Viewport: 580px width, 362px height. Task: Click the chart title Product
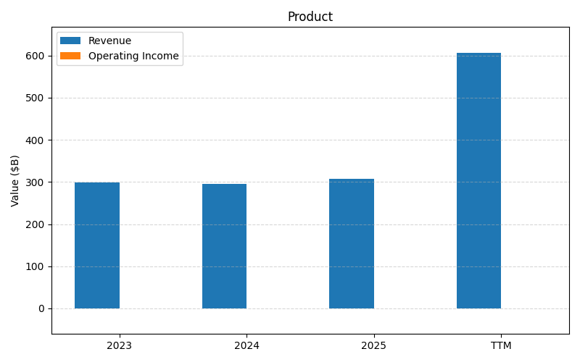pyautogui.click(x=310, y=17)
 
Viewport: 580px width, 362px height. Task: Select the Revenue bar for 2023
pyautogui.click(x=97, y=245)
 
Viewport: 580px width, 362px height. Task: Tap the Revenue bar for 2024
pyautogui.click(x=224, y=246)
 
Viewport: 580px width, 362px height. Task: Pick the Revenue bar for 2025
pyautogui.click(x=352, y=244)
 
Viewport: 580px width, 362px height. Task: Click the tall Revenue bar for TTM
pyautogui.click(x=478, y=181)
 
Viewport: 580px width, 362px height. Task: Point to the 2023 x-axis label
pyautogui.click(x=119, y=345)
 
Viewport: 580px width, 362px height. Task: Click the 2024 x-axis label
pyautogui.click(x=246, y=345)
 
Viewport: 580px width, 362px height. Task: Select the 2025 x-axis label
pyautogui.click(x=373, y=345)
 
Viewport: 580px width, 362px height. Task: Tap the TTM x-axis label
pyautogui.click(x=501, y=345)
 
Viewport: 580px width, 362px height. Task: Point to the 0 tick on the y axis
pyautogui.click(x=41, y=308)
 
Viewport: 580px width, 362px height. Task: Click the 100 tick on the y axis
pyautogui.click(x=36, y=266)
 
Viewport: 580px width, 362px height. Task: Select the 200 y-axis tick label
pyautogui.click(x=36, y=224)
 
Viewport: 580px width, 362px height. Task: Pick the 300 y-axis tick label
pyautogui.click(x=36, y=182)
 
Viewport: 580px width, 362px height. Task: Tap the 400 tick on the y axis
pyautogui.click(x=36, y=140)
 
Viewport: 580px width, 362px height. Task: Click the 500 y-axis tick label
pyautogui.click(x=36, y=98)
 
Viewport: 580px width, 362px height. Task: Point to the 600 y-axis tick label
pyautogui.click(x=36, y=56)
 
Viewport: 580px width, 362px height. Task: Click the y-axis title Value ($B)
pyautogui.click(x=15, y=180)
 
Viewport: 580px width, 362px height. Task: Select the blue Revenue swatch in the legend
pyautogui.click(x=70, y=41)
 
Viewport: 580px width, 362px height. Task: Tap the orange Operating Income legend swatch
pyautogui.click(x=70, y=56)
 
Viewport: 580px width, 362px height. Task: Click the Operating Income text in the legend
pyautogui.click(x=133, y=56)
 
